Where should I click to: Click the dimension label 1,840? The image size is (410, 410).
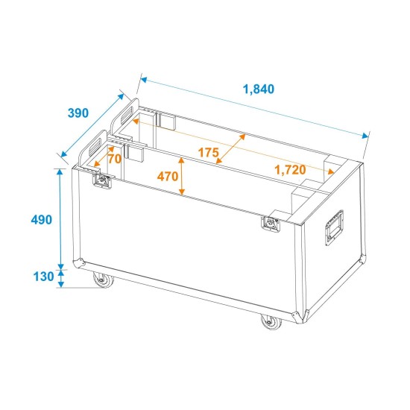[x=259, y=89]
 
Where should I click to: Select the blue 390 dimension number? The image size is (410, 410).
[x=78, y=113]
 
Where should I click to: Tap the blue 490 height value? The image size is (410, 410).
[x=42, y=219]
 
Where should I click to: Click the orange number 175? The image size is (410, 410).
[x=209, y=153]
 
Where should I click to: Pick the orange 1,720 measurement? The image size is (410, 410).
[x=291, y=170]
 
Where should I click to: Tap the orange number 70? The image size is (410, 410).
[x=115, y=158]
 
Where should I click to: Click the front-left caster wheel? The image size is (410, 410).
[x=99, y=281]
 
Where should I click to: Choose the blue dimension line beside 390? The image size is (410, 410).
[x=92, y=127]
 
